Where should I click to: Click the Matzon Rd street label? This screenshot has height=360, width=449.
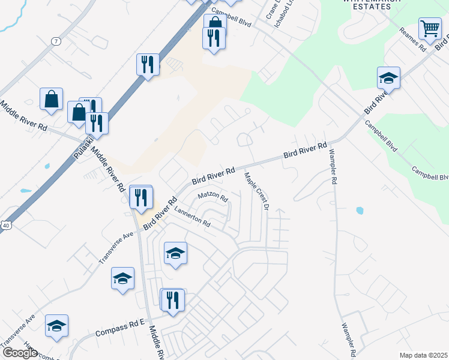point(214,197)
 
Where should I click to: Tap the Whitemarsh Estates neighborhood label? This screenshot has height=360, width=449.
point(366,5)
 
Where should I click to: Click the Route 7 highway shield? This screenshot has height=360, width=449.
point(56,41)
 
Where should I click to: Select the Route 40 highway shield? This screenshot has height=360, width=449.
point(5,224)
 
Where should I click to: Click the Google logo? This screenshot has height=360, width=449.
point(19,353)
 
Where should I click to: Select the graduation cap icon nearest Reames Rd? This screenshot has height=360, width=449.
point(388,78)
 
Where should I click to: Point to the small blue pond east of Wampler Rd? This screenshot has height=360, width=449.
point(359,211)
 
